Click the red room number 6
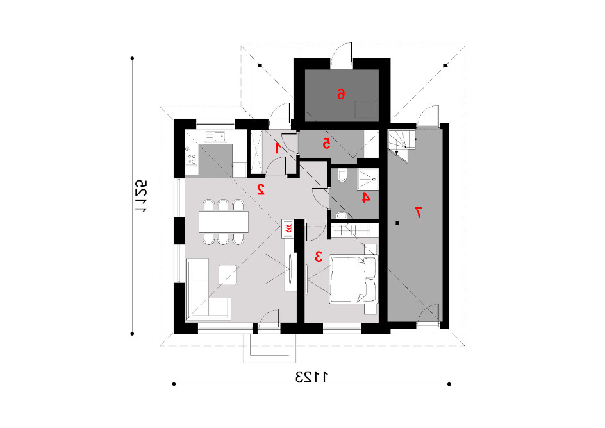click(341, 94)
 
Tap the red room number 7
click(418, 212)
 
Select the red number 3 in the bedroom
click(319, 256)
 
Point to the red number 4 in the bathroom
click(365, 198)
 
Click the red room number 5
click(326, 144)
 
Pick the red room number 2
click(261, 189)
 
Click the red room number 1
click(278, 148)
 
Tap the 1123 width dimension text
click(311, 377)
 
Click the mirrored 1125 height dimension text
click(141, 196)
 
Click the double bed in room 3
click(353, 279)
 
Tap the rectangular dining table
click(224, 222)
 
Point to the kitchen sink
click(215, 137)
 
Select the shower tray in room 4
click(368, 179)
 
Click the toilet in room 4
click(342, 176)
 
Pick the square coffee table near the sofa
click(228, 275)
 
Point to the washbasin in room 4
click(342, 215)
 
